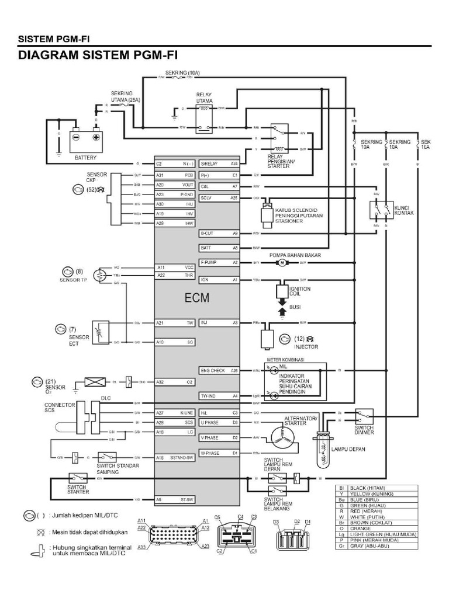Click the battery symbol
pos(85,138)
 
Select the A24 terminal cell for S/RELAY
pos(234,164)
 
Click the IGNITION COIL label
pos(300,291)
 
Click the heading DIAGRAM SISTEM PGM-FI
pos(98,55)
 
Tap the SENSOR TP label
pos(72,280)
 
